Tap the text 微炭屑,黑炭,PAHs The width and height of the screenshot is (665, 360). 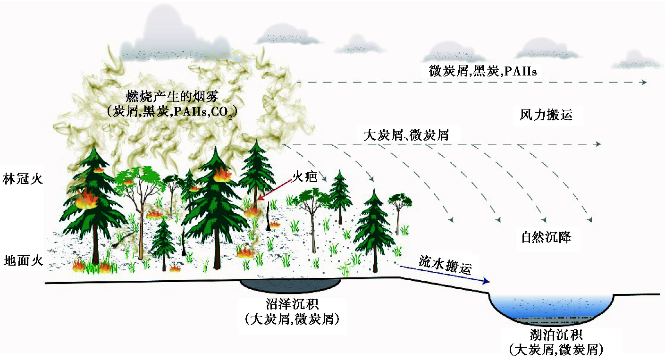coord(483,72)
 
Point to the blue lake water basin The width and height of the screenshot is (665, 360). coord(551,305)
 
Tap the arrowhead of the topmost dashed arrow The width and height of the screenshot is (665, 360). coord(644,82)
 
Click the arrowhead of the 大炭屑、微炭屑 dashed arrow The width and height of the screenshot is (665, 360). coord(598,144)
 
